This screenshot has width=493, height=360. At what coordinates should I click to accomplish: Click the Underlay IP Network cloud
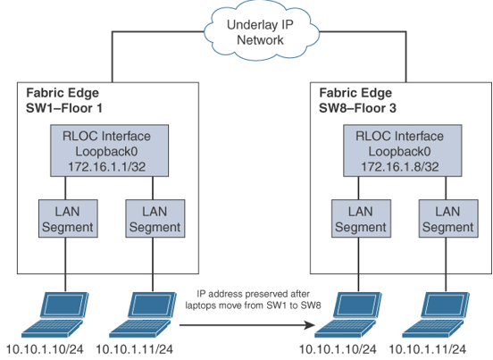(262, 32)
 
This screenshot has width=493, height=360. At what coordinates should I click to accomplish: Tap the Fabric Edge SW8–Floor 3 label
(357, 100)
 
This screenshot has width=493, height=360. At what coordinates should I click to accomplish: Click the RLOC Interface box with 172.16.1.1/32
(110, 151)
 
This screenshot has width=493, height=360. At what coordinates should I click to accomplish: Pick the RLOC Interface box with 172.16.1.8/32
(403, 151)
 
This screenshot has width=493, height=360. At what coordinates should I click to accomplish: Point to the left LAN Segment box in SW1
(68, 219)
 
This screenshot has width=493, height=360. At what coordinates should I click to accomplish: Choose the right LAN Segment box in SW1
(155, 219)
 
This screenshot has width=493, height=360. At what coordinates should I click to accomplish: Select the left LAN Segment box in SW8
(361, 219)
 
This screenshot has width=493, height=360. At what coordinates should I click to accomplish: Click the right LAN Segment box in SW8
(448, 219)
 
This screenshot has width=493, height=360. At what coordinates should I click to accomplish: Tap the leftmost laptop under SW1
(55, 314)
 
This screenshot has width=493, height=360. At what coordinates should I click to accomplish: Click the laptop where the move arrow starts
(143, 314)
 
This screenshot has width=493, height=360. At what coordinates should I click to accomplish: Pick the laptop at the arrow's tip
(348, 314)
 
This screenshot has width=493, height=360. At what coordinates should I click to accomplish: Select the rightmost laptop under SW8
(436, 314)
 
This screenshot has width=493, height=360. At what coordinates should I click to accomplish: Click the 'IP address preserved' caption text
(253, 299)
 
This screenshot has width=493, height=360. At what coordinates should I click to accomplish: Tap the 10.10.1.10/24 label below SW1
(45, 349)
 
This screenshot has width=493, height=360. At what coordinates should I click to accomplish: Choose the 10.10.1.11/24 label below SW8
(428, 349)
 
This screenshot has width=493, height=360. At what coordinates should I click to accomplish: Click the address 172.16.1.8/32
(399, 167)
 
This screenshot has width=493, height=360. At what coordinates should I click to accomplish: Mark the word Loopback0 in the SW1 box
(106, 152)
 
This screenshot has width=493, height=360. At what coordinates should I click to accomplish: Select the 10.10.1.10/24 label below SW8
(338, 349)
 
